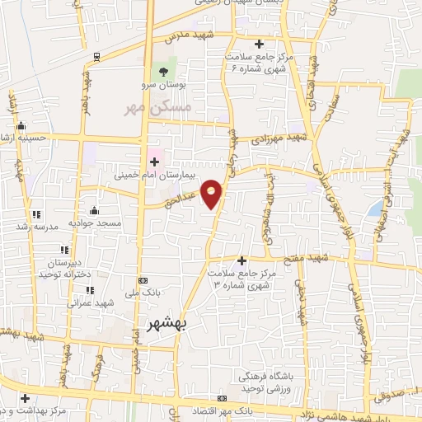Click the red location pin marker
coord(212,194)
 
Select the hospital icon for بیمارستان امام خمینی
coord(154,162)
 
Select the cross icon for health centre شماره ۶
coord(259,44)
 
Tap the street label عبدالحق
coord(184,199)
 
